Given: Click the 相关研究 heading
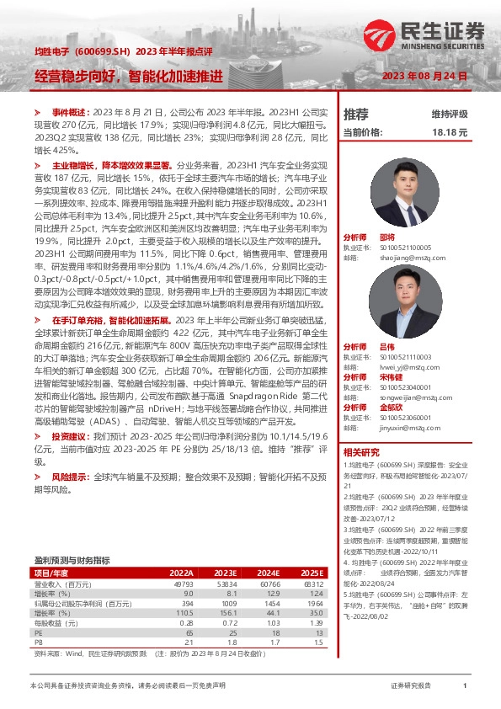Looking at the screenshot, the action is click(363, 452).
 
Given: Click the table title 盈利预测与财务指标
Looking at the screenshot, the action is click(72, 560).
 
